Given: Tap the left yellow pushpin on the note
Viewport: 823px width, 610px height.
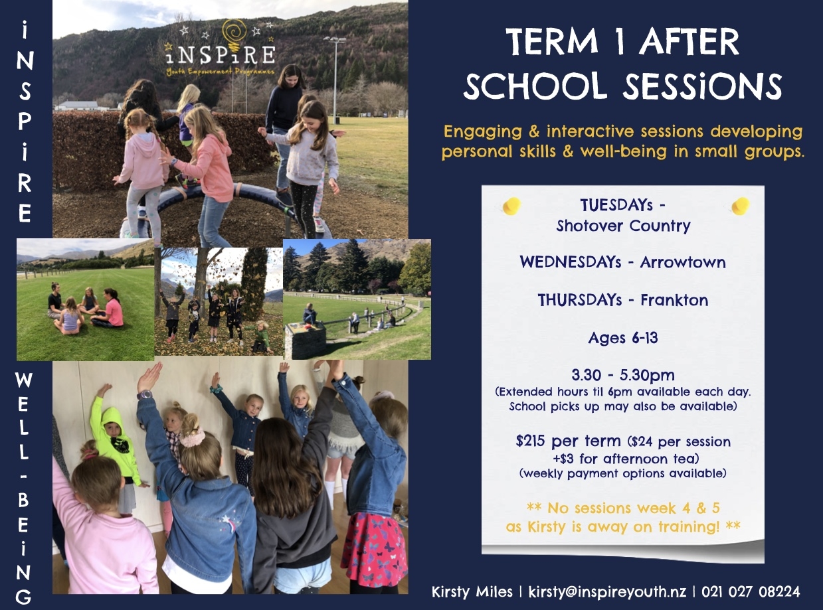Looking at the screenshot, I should click(x=511, y=206).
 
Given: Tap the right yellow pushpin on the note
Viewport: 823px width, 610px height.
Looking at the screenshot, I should click(x=740, y=206).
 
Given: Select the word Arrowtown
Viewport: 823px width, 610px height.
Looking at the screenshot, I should click(x=683, y=262).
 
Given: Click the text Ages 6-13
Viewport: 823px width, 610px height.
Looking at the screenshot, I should click(x=623, y=338).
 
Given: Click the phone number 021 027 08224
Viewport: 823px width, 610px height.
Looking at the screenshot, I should click(x=750, y=591).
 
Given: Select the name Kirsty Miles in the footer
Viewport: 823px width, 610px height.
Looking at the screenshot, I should click(x=472, y=591).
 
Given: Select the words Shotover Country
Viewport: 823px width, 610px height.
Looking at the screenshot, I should click(x=623, y=226).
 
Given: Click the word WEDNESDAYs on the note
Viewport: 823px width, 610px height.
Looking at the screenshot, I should click(x=576, y=262).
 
